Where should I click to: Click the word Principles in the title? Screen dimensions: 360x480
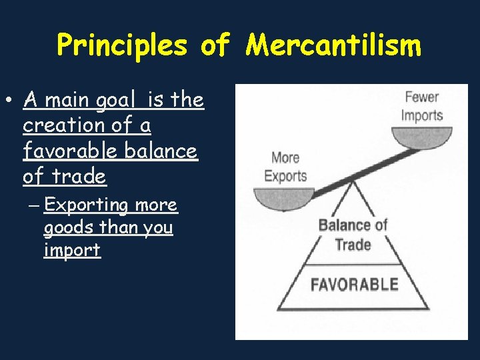click(x=123, y=46)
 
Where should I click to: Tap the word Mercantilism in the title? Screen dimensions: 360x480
click(x=333, y=46)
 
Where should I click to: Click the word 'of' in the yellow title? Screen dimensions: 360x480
click(x=215, y=46)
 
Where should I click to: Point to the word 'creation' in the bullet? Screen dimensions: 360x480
click(x=63, y=125)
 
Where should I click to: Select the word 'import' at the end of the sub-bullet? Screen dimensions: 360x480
click(x=72, y=250)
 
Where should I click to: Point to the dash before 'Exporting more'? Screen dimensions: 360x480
click(x=34, y=205)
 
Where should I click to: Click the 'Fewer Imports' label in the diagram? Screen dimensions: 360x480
click(x=422, y=106)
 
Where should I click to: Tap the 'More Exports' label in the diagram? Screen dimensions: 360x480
click(x=285, y=167)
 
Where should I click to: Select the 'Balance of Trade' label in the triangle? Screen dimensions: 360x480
click(x=353, y=234)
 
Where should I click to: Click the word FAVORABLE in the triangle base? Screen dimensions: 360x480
click(x=354, y=284)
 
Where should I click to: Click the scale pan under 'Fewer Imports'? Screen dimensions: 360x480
click(x=422, y=137)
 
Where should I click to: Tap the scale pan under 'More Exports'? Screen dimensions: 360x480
click(x=284, y=197)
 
